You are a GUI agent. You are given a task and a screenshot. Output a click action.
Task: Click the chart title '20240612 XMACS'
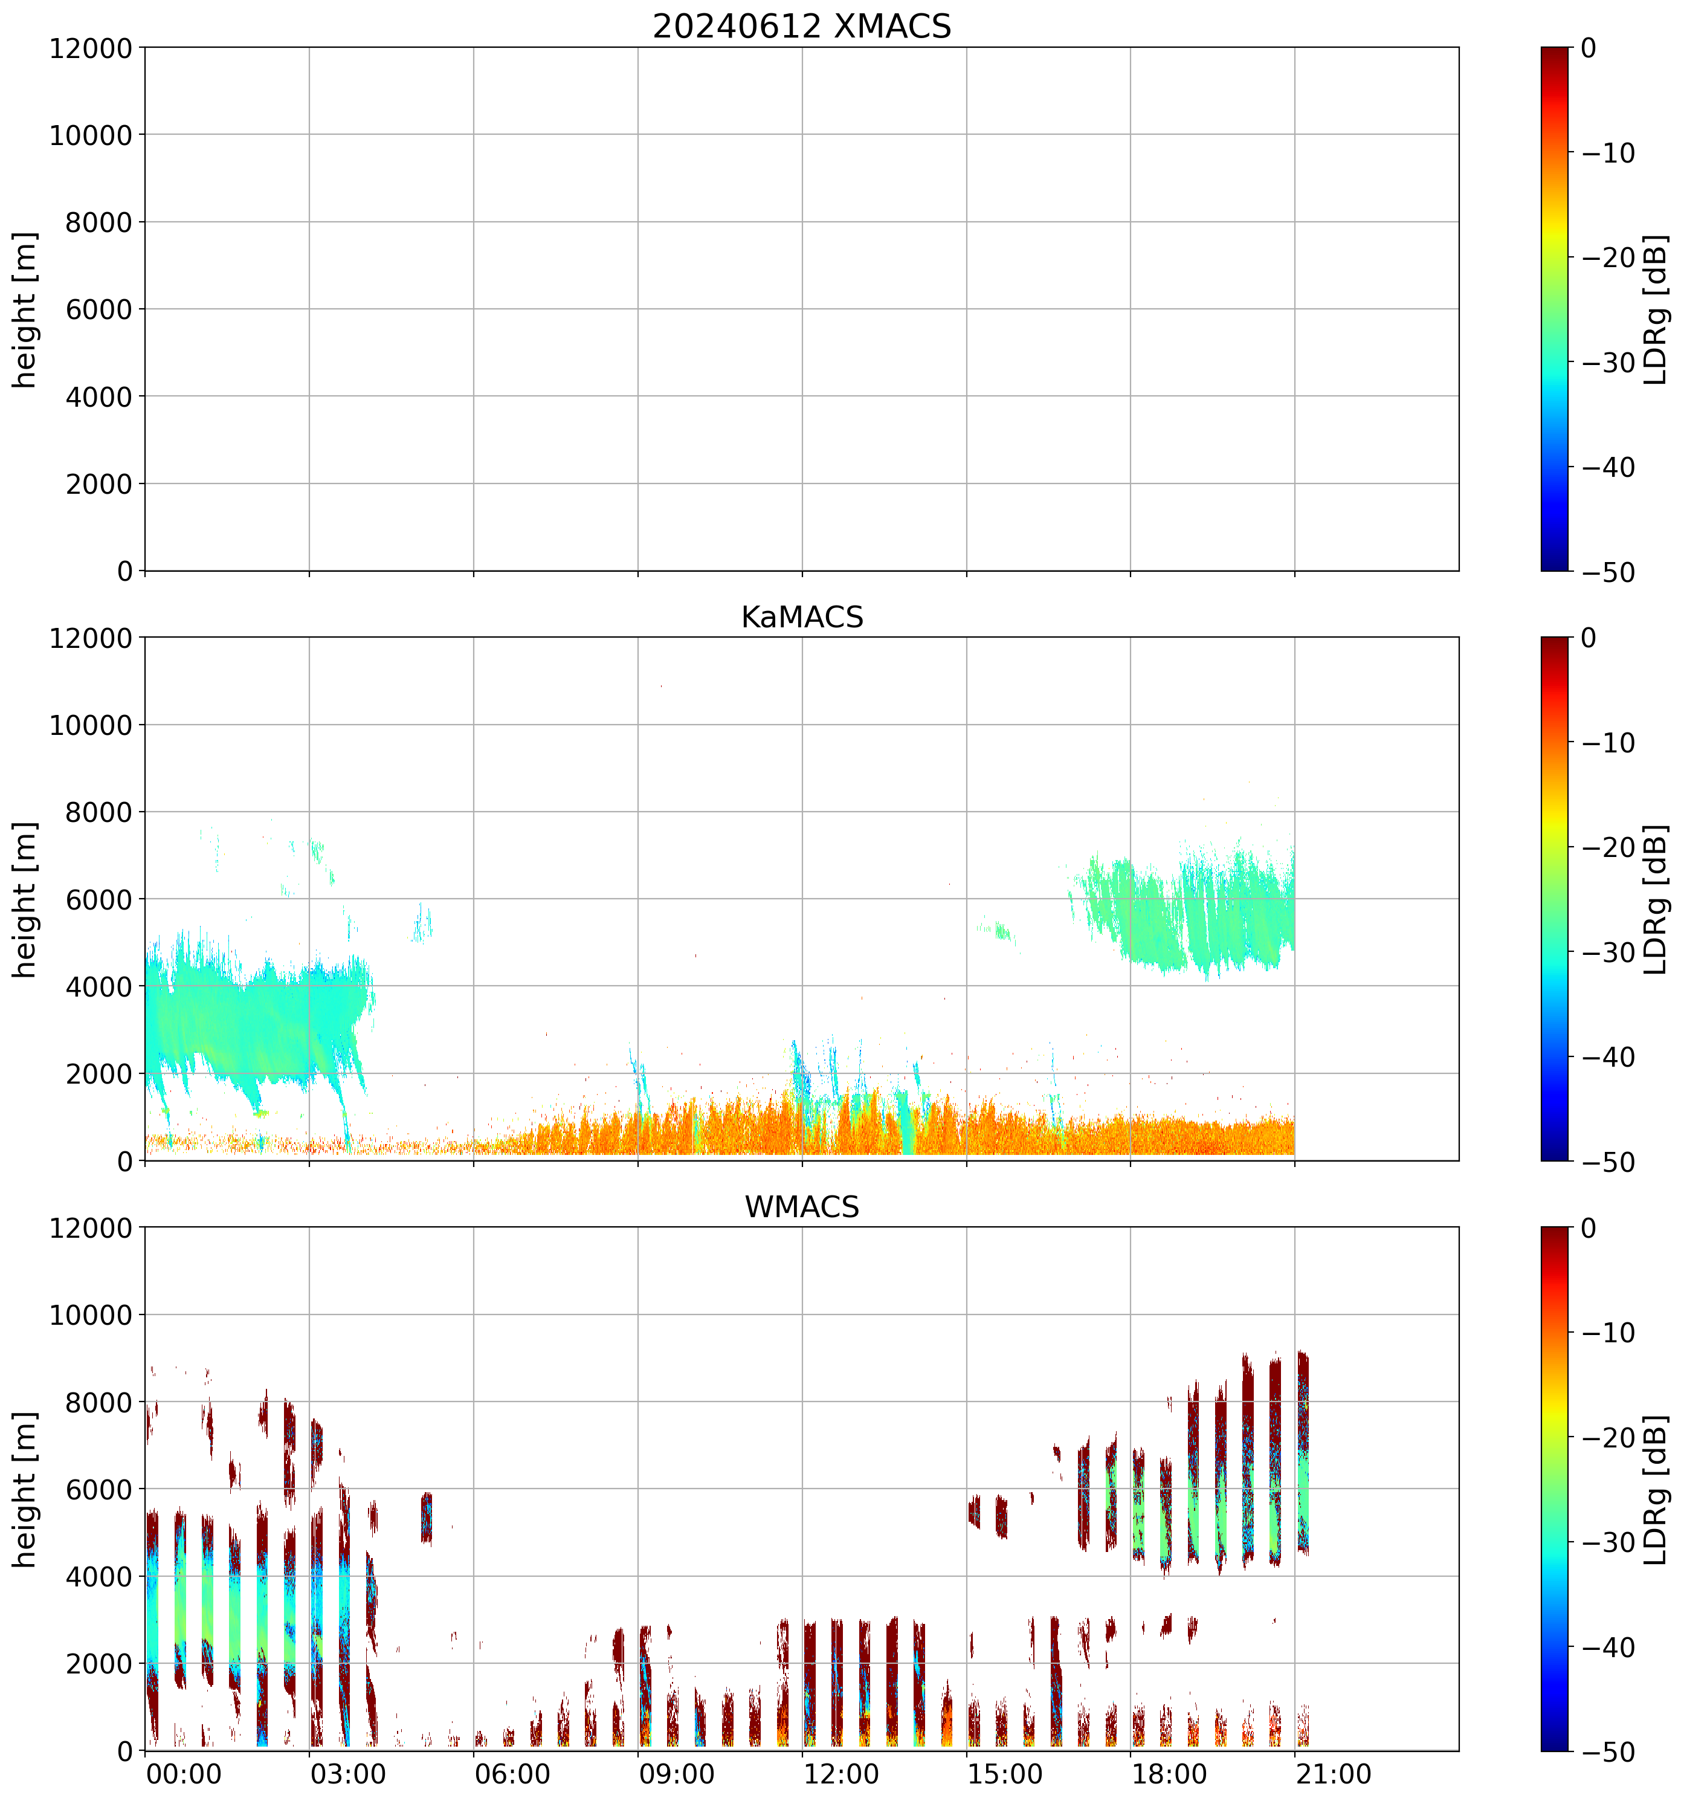pos(802,26)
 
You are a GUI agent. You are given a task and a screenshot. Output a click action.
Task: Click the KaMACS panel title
pos(802,617)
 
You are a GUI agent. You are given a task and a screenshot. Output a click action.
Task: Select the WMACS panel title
pos(802,1207)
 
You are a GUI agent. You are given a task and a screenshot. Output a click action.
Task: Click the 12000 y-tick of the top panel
pos(91,48)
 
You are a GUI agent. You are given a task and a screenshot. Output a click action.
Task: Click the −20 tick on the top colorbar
pos(1608,258)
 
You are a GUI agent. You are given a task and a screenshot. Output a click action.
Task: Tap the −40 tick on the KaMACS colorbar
pos(1608,1057)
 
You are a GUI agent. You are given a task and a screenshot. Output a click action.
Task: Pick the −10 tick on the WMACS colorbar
pos(1608,1333)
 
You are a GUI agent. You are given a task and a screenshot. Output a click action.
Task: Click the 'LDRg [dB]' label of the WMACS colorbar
pos(1654,1489)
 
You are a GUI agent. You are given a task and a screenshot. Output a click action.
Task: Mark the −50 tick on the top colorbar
pos(1608,572)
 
